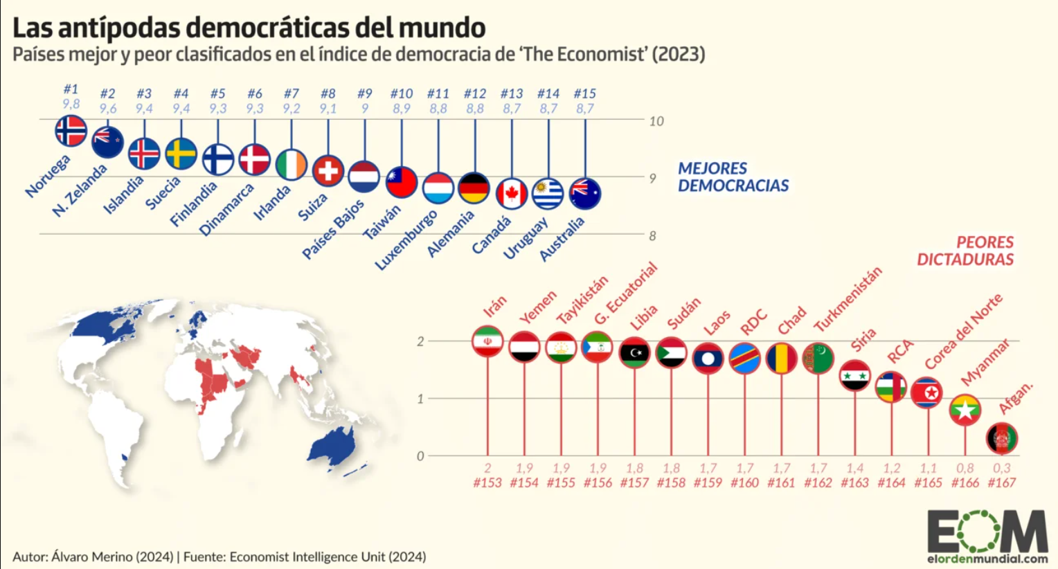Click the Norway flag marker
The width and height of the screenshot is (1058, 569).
71,131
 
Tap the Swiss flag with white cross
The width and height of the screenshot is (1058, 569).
328,170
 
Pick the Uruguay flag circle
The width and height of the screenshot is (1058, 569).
548,194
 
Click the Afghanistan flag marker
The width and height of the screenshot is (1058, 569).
1001,438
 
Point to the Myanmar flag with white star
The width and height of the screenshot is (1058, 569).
965,410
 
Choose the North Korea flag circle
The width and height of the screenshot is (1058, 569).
928,392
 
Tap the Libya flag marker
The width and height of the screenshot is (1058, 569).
634,352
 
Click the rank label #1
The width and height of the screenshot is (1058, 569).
71,89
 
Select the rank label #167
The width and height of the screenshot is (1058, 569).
1001,482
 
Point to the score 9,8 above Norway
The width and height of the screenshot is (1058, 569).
71,104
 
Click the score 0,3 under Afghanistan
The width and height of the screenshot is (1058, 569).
1001,468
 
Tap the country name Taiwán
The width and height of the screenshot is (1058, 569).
382,222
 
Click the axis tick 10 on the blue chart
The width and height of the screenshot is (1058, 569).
656,121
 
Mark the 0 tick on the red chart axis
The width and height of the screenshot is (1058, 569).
420,456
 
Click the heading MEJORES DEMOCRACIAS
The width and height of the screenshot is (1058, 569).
733,177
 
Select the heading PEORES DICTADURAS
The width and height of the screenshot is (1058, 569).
965,251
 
